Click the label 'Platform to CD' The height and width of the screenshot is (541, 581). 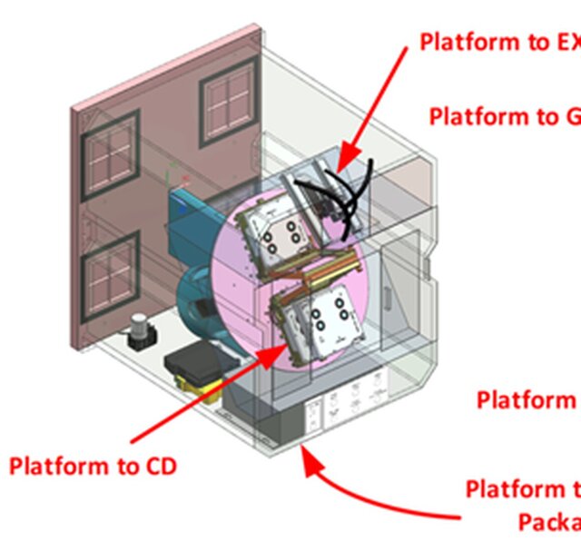pyautogui.click(x=93, y=467)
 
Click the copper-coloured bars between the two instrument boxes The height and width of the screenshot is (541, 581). pyautogui.click(x=313, y=270)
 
